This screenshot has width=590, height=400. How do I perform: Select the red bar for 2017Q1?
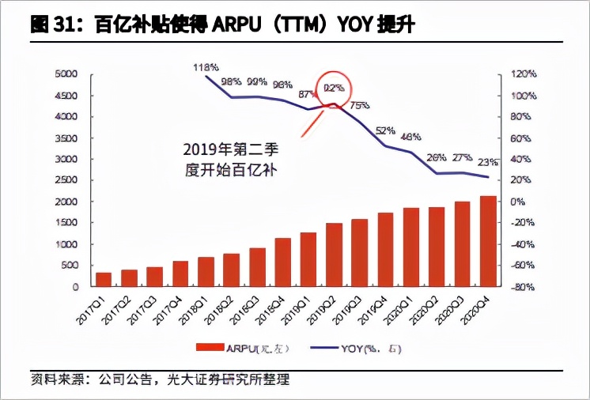pos(104,279)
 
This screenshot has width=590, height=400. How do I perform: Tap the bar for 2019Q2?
pos(335,254)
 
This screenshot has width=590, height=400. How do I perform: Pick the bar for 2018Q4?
pos(283,262)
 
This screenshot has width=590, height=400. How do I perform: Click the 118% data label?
pos(205,68)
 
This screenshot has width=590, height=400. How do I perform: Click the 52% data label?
pos(385,131)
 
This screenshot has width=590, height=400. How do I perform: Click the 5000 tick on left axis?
pos(66,74)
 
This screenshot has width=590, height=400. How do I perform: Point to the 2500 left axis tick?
pos(66,180)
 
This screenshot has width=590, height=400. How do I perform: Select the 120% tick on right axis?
pos(522,74)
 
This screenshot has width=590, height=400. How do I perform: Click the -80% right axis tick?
pos(522,286)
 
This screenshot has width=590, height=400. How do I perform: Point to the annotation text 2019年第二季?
pos(230,149)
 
